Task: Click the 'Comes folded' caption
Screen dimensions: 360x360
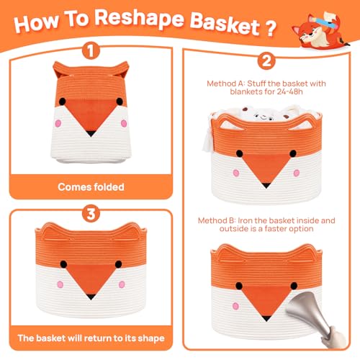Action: coord(91,186)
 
